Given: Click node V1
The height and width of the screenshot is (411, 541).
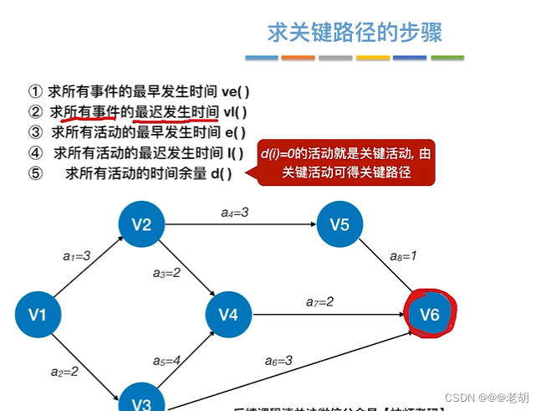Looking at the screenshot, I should tap(38, 315).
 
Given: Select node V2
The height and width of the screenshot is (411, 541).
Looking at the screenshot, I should tap(141, 224).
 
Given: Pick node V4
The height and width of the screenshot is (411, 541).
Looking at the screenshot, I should tap(228, 315).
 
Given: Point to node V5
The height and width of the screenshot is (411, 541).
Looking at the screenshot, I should tap(339, 224).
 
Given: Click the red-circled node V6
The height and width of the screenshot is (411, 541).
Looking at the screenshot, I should tap(430, 315).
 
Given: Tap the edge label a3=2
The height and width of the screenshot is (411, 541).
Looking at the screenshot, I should tap(167, 273).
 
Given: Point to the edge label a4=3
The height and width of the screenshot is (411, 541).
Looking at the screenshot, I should tap(234, 213).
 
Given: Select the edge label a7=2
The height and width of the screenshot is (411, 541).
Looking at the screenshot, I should tap(319, 301).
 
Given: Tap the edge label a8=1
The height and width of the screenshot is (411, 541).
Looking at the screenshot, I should tap(405, 256).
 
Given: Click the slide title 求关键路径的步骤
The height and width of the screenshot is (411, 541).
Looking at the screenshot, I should tap(355, 33).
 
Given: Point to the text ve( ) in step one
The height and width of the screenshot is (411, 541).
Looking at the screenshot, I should tap(235, 90).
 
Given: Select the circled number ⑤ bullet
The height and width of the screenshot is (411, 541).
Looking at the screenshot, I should tap(35, 173).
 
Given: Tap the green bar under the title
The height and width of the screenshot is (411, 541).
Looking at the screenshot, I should tap(447, 58).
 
